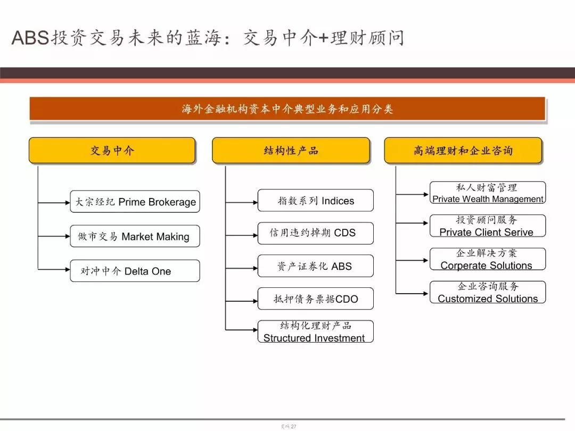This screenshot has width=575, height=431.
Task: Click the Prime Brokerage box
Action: click(x=135, y=202)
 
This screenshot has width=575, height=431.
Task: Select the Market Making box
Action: click(x=135, y=236)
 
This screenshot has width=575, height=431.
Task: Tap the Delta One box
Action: click(x=135, y=271)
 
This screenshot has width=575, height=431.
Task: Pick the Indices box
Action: click(x=315, y=201)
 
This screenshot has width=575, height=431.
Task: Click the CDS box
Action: click(x=315, y=233)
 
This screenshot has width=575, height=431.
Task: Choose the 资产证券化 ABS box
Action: click(x=315, y=266)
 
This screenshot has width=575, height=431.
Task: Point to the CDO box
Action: click(x=315, y=299)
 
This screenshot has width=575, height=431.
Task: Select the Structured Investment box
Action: click(x=315, y=331)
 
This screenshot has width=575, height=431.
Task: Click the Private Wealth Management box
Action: click(x=488, y=193)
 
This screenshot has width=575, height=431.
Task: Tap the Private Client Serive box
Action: click(x=488, y=226)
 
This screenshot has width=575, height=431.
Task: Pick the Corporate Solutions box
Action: click(x=488, y=259)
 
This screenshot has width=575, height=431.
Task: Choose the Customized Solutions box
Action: click(x=488, y=292)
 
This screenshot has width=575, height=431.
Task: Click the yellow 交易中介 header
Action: click(x=112, y=150)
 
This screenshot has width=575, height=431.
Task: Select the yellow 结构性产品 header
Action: click(x=291, y=150)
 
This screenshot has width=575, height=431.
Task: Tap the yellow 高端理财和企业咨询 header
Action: click(x=463, y=150)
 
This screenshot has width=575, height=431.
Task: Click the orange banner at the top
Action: click(x=287, y=109)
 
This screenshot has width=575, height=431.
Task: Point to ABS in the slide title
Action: click(x=30, y=38)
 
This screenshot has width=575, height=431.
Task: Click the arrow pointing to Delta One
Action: click(x=54, y=270)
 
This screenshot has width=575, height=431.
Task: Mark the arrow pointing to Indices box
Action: click(x=242, y=202)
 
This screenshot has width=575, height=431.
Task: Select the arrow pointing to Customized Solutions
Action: click(x=412, y=294)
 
